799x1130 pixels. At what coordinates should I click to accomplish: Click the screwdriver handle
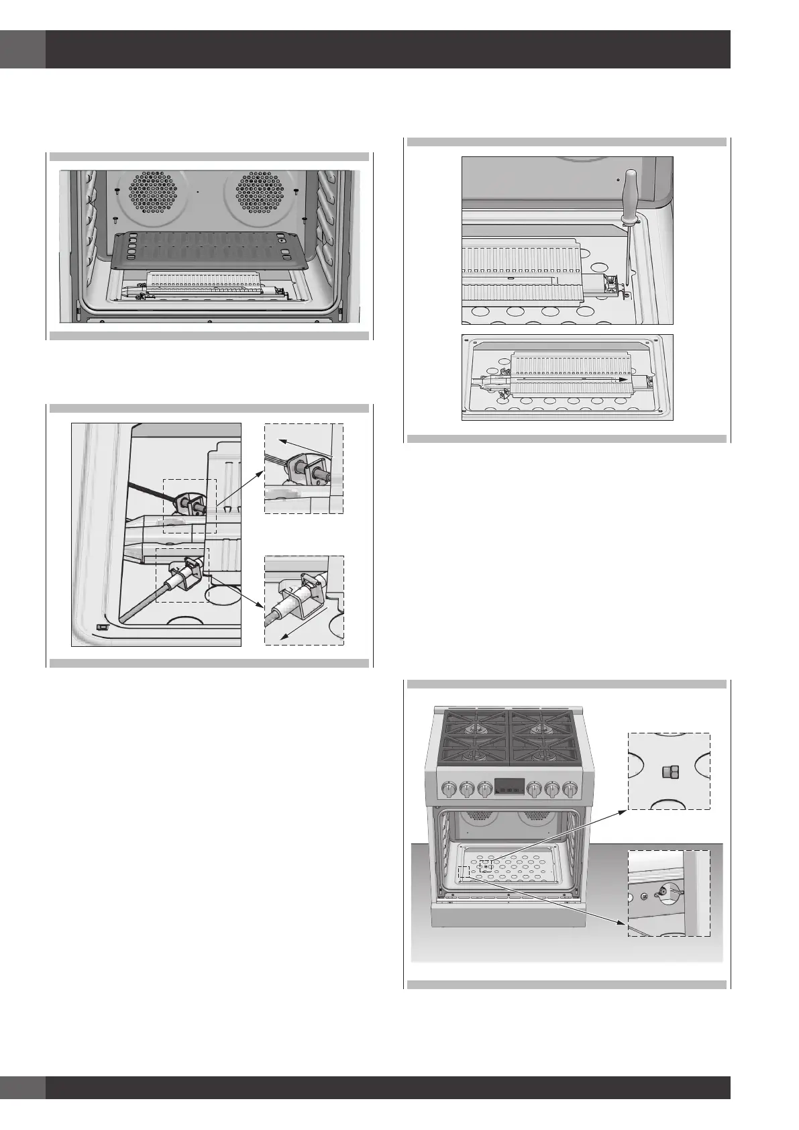tap(630, 191)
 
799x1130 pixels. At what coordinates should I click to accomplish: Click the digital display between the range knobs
tap(508, 786)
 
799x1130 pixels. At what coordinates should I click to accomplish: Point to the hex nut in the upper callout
tap(668, 772)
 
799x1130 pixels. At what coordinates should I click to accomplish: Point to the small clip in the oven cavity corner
tap(102, 626)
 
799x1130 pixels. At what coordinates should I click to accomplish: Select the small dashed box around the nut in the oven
tap(486, 866)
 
